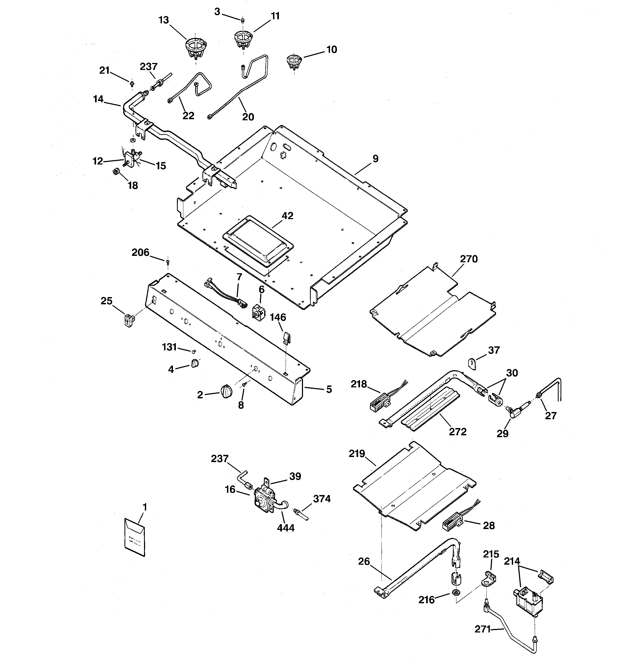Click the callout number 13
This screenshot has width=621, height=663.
164,20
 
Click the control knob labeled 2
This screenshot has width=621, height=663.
226,390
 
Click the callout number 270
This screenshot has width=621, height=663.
469,259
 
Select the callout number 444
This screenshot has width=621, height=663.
286,528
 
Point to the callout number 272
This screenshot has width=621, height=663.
457,432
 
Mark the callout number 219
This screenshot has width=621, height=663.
357,454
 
